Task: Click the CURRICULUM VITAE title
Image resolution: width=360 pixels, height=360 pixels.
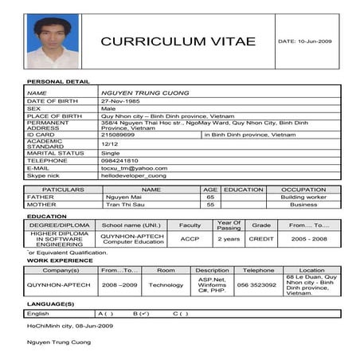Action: [x=178, y=41]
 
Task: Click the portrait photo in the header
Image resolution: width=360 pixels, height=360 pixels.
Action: [x=53, y=41]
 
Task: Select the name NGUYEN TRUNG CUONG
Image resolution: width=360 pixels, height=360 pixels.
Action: [x=145, y=93]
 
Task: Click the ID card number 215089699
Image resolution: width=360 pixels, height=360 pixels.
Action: [x=118, y=135]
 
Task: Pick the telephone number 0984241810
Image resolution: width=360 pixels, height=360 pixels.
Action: [x=119, y=160]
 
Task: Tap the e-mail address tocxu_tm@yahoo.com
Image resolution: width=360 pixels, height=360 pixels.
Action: [x=134, y=168]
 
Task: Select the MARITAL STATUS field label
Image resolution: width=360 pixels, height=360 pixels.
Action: [x=56, y=152]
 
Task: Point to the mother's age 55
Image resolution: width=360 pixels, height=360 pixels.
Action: [x=210, y=205]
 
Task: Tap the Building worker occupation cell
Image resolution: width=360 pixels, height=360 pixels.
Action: [x=303, y=197]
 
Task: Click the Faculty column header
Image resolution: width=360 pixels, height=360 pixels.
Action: [x=190, y=225]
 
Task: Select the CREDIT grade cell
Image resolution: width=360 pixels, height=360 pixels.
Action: [x=261, y=239]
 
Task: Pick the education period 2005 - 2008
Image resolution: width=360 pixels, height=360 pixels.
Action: [x=308, y=239]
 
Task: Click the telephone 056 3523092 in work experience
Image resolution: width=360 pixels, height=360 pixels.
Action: [x=257, y=284]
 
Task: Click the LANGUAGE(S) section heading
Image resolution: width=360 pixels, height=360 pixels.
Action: [x=50, y=303]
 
